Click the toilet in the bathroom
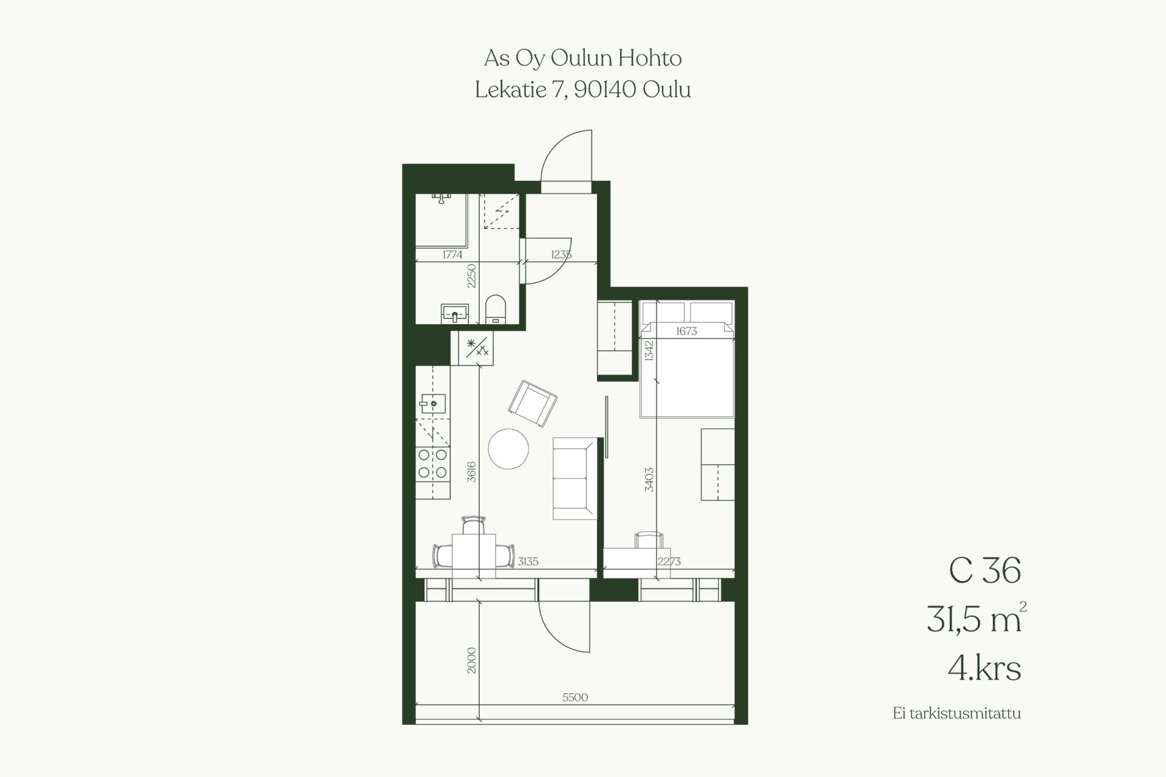pos(496,308)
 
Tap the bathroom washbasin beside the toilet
pos(454,314)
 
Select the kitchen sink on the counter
pos(432,403)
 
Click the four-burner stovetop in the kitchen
pos(432,463)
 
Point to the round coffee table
pos(508,449)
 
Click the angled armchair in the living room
pos(533,404)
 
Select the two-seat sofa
pos(574,478)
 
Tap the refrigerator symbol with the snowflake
pos(477,348)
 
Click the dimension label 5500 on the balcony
pos(575,697)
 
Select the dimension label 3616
pos(472,472)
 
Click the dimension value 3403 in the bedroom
pos(649,479)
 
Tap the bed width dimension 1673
pos(686,331)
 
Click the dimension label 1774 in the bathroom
pos(452,255)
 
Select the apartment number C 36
pos(985,571)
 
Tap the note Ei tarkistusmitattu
pos(957,713)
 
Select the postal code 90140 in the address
pos(605,90)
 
